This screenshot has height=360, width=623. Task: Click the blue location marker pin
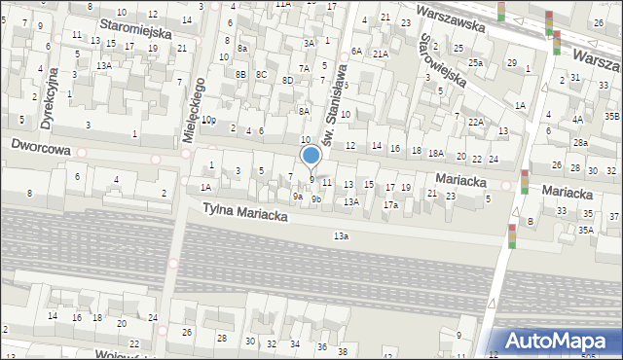tap(311, 156)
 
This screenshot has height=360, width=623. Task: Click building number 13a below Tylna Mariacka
tap(340, 235)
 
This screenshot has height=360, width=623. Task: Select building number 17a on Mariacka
tap(389, 205)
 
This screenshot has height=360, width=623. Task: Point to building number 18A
tap(436, 153)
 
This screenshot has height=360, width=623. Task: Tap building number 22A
tap(475, 122)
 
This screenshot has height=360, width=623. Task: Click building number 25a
tap(474, 62)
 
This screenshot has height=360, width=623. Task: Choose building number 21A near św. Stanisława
tap(380, 54)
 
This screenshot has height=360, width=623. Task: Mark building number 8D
tap(287, 80)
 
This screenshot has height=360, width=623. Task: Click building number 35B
tap(611, 117)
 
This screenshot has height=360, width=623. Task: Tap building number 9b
tap(316, 198)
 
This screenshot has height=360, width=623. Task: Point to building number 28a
tap(580, 143)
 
